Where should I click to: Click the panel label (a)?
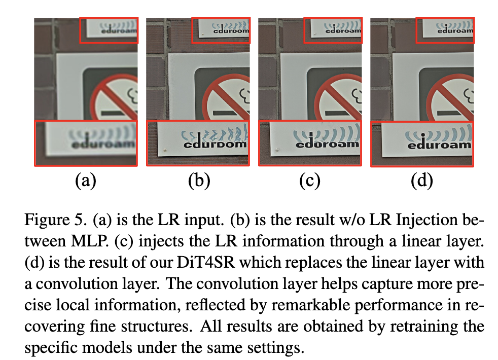coord(85,181)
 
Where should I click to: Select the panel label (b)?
coord(198,181)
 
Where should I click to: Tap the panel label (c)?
coord(310,181)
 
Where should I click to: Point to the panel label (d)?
coord(422,181)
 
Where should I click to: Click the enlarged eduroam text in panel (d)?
coord(439,146)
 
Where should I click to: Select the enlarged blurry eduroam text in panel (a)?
coord(103,145)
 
